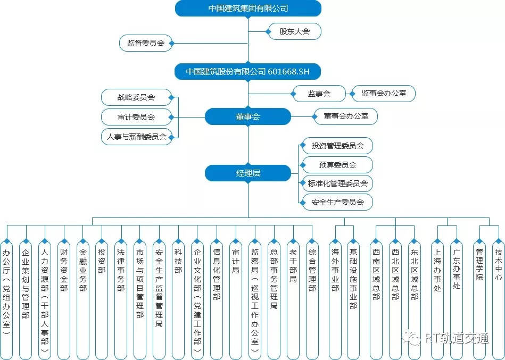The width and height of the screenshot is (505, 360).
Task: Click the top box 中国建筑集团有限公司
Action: click(x=248, y=8)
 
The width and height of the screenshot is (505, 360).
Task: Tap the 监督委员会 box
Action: click(x=145, y=43)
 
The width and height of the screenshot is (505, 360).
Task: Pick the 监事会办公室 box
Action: click(x=384, y=94)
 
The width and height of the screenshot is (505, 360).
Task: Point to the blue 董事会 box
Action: click(x=248, y=116)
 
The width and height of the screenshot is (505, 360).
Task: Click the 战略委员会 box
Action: click(x=136, y=97)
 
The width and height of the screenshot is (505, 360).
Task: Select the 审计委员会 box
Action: click(x=136, y=117)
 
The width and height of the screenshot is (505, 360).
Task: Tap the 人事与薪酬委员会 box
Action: click(x=136, y=137)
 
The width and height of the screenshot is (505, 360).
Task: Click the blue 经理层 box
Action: click(x=248, y=173)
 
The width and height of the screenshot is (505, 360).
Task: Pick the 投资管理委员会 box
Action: click(x=337, y=145)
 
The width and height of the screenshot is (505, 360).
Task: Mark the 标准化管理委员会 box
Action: click(x=337, y=183)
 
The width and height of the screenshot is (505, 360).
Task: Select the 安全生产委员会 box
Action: click(x=337, y=202)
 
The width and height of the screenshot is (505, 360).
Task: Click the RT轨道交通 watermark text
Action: click(x=457, y=338)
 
